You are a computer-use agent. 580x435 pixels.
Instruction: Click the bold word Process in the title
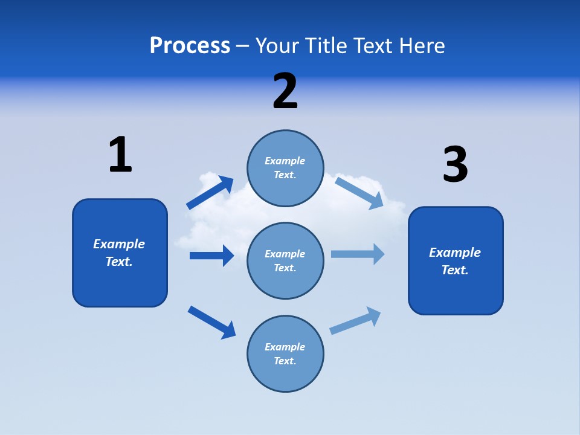(190, 46)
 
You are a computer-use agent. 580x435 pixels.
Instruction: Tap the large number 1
(120, 155)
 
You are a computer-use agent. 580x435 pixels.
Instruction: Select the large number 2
(285, 91)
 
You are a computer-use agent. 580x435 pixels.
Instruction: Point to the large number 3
(455, 164)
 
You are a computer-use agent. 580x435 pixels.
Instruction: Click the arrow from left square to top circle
(210, 193)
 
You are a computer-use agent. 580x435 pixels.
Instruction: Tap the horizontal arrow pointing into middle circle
(211, 256)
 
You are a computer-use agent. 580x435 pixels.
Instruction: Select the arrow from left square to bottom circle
(211, 322)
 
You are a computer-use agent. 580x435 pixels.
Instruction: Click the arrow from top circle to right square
(359, 193)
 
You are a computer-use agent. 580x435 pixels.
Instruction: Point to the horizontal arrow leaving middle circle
(358, 254)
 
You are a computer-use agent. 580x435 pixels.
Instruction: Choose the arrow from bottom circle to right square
(356, 321)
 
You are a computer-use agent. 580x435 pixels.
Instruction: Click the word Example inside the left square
(119, 244)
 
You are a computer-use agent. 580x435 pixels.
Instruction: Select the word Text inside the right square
(454, 270)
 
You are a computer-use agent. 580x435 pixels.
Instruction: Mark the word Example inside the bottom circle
(285, 347)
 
